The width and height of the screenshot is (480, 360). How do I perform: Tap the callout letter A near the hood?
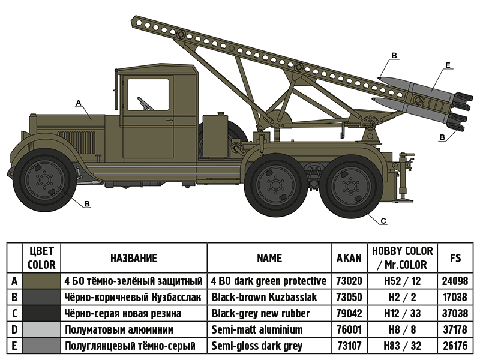78,103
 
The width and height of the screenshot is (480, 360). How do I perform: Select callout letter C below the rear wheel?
383,221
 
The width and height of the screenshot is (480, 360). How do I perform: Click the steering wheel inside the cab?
144,103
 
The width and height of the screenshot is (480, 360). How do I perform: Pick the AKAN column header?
349,258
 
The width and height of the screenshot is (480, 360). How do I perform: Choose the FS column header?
455,258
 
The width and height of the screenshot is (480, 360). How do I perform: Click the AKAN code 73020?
349,281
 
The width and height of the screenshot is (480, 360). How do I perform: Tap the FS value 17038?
455,297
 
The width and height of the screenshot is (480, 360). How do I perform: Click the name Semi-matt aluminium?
257,329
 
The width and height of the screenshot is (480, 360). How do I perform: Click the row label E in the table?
14,346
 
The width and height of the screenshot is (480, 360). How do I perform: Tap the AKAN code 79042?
349,313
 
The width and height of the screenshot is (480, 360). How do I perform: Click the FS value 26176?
455,346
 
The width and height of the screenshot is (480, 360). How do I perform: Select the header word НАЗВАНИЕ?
134,258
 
